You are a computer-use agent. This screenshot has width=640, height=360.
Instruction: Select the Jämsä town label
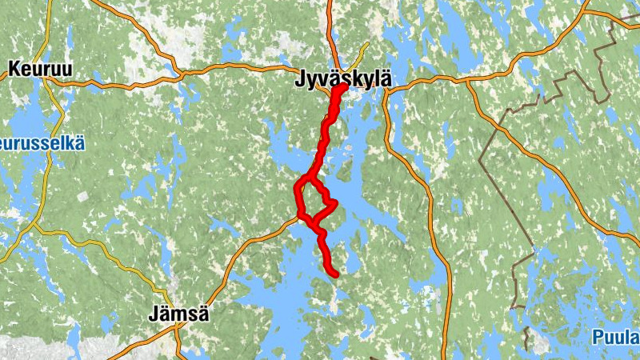(x=179, y=314)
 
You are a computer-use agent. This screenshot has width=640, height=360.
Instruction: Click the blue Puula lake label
(x=618, y=337)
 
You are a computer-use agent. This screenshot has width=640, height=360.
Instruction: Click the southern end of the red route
(x=336, y=275)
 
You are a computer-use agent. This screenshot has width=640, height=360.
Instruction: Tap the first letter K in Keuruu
(x=14, y=70)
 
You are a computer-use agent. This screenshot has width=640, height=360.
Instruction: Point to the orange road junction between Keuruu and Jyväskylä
(x=183, y=74)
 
